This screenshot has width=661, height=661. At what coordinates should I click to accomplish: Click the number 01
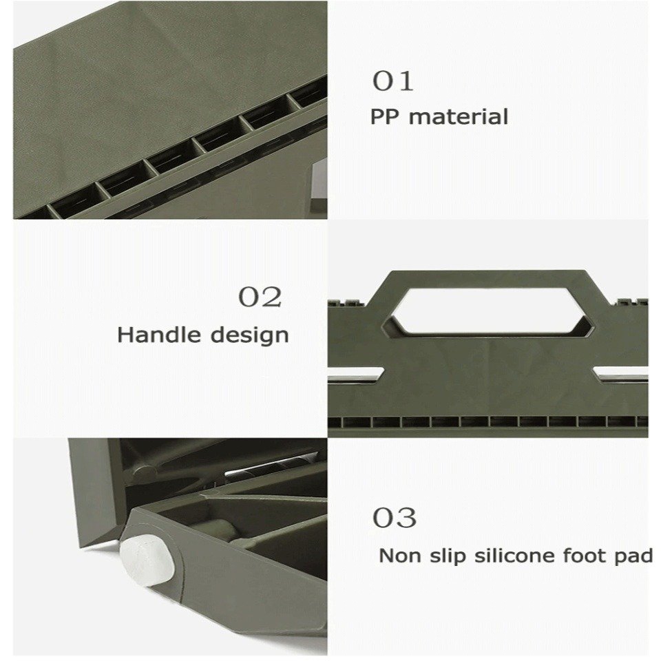(x=392, y=81)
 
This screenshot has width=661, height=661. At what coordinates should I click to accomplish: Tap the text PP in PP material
(x=384, y=117)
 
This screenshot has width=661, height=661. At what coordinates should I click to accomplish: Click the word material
(x=459, y=116)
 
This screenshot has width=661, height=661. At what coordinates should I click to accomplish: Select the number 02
(x=260, y=297)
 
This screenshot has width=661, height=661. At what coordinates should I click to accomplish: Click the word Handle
(x=159, y=335)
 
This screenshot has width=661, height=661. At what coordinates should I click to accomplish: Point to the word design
(x=249, y=336)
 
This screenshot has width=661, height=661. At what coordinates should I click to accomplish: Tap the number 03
(x=394, y=518)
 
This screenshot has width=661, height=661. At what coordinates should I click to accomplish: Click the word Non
(x=400, y=556)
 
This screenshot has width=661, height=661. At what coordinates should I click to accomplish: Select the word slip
(x=448, y=556)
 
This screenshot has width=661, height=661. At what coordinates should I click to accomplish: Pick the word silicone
(x=514, y=555)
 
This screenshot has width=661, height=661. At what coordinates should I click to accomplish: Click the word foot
(x=585, y=555)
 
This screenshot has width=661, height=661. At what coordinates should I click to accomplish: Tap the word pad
(x=633, y=556)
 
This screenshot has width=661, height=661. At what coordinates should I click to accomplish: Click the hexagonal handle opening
(x=488, y=311)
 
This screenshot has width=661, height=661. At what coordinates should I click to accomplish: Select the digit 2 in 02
(x=271, y=297)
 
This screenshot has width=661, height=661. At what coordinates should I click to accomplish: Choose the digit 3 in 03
(x=406, y=518)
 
